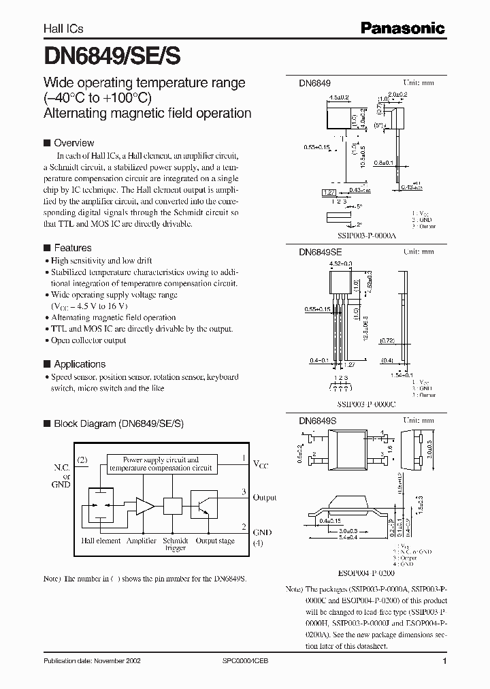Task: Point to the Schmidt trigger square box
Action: pos(172,506)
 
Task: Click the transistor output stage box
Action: pos(203,506)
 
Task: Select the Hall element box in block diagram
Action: pos(99,505)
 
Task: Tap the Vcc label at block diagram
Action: pos(261,464)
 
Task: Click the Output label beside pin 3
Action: pos(265,498)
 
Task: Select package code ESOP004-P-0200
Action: pos(361,573)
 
